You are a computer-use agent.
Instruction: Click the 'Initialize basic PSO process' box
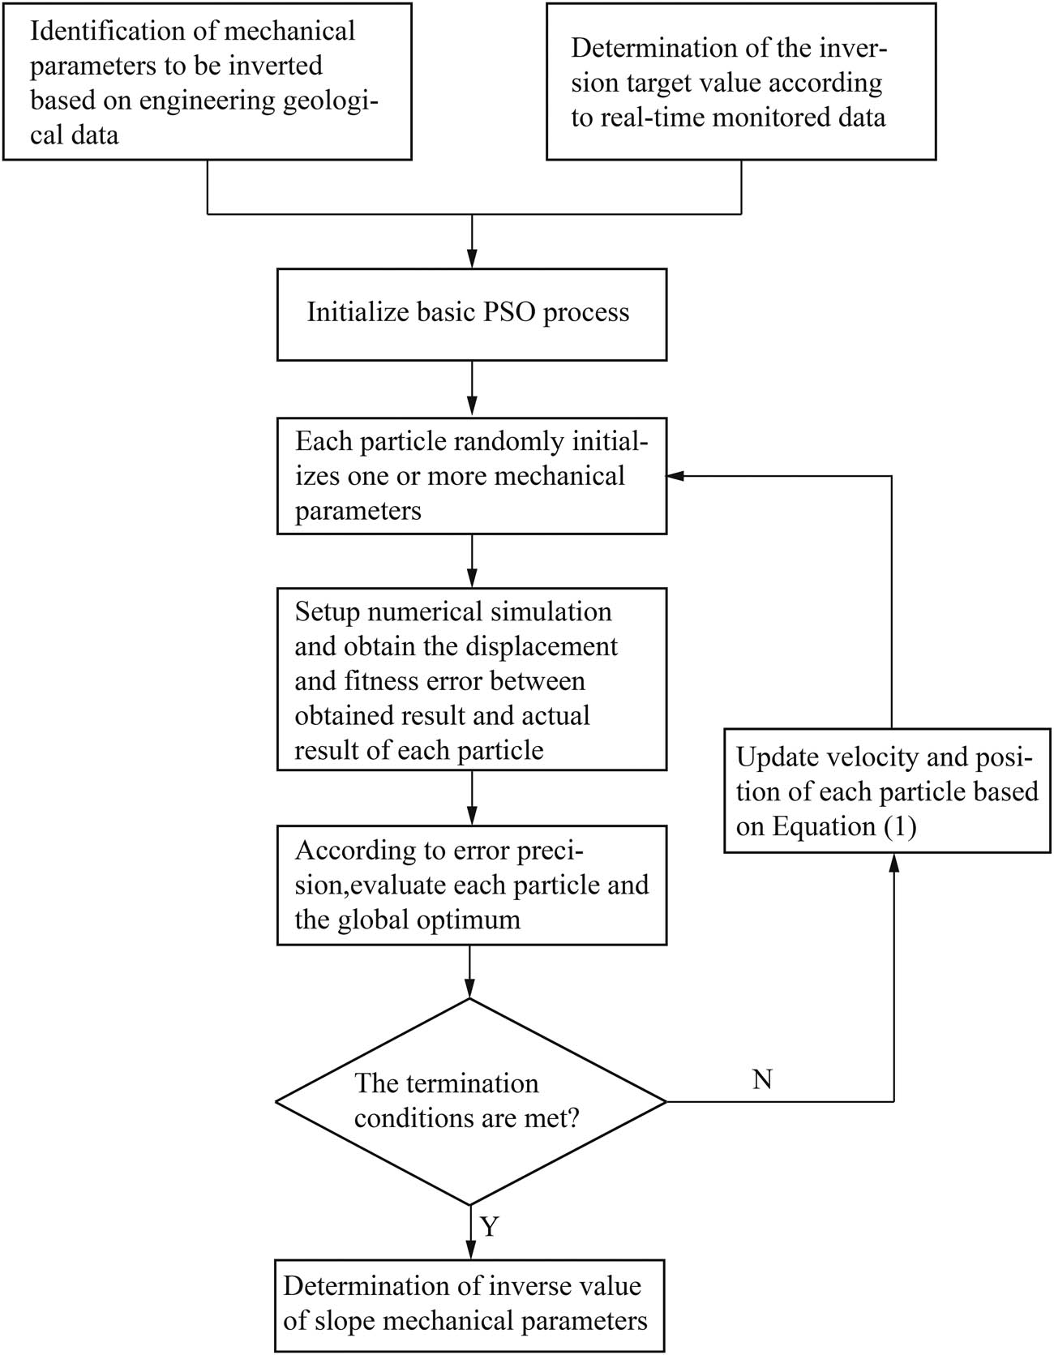(471, 314)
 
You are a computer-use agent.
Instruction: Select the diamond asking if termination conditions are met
(471, 1101)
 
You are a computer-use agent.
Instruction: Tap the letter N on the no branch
(762, 1079)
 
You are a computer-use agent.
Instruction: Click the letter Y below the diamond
(489, 1227)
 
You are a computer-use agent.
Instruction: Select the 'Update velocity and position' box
(887, 791)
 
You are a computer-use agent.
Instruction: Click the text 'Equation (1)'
(843, 826)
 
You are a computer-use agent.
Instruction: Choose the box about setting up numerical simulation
(471, 680)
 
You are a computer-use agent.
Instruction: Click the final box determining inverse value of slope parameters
(469, 1304)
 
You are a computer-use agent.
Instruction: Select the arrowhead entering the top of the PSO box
(471, 260)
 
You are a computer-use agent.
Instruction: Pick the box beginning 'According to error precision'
(471, 885)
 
